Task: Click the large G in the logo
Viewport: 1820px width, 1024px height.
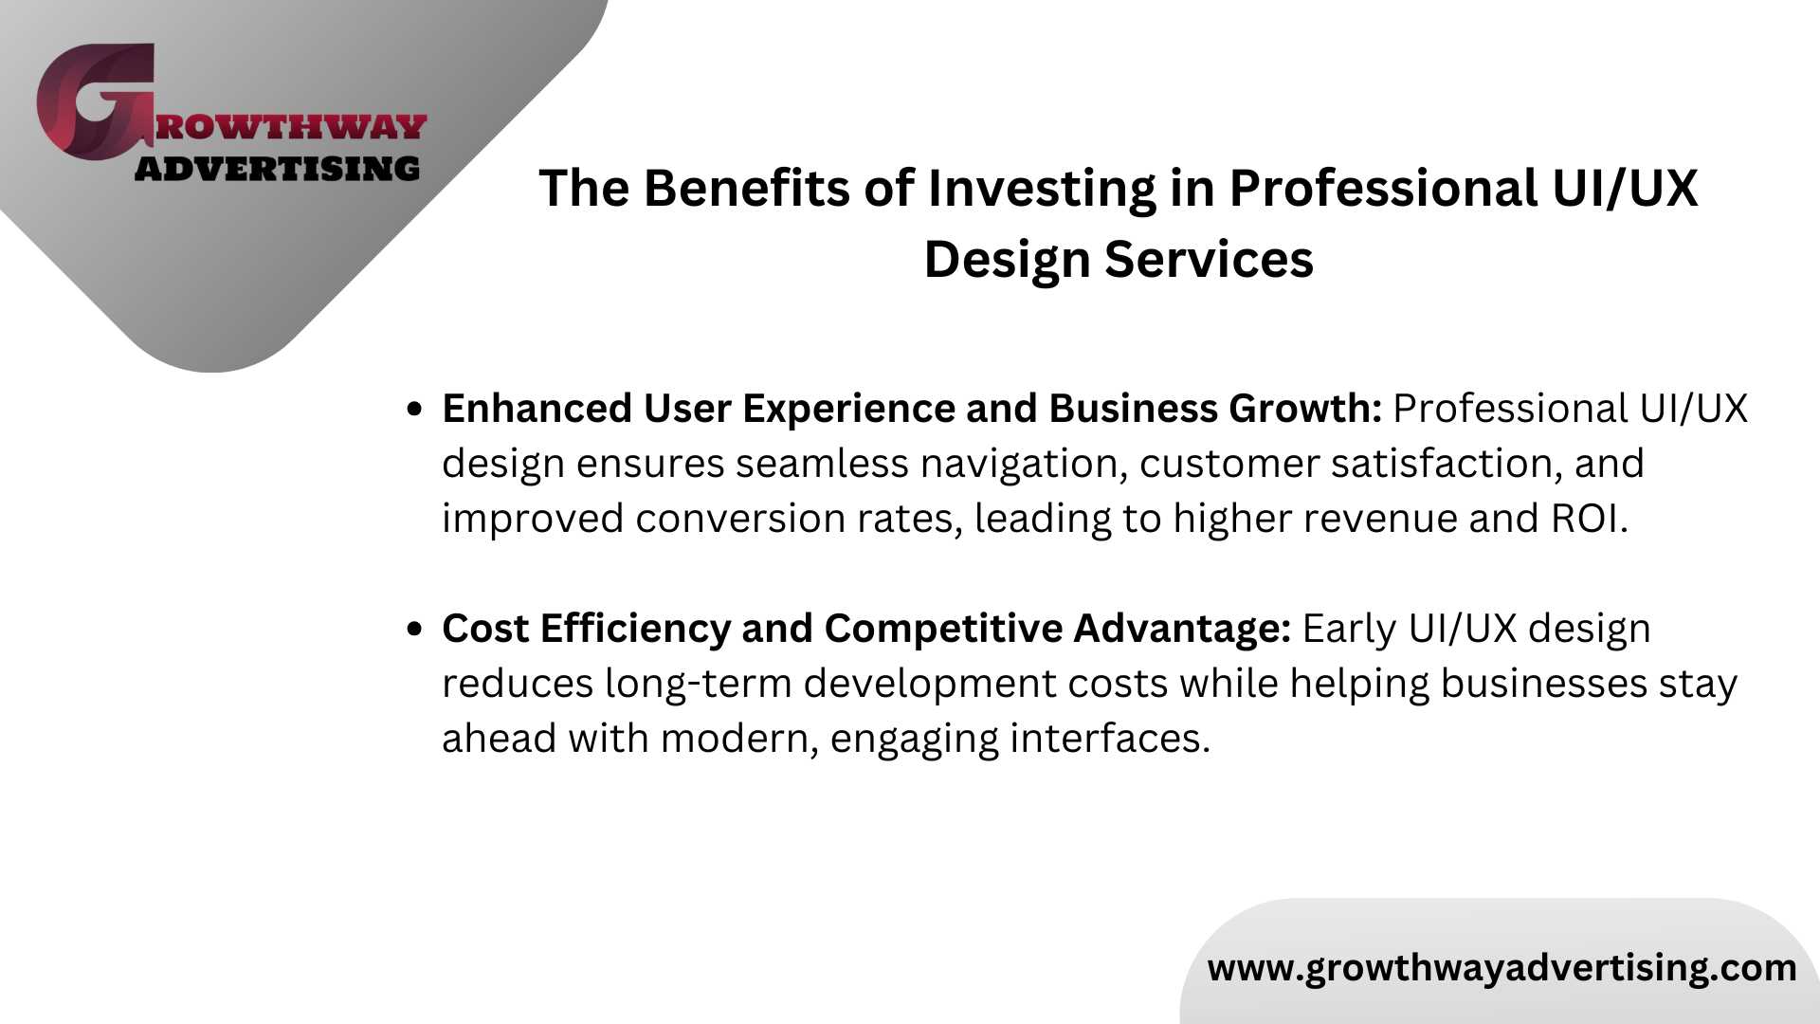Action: pyautogui.click(x=95, y=101)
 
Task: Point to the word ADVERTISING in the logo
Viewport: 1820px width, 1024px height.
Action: pyautogui.click(x=277, y=169)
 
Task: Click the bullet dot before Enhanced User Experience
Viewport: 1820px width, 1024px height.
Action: pyautogui.click(x=413, y=409)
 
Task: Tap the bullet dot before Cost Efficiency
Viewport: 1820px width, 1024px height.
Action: pyautogui.click(x=413, y=629)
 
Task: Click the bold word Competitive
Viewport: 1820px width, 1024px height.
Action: pyautogui.click(x=943, y=629)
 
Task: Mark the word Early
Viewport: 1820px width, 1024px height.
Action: pyautogui.click(x=1350, y=629)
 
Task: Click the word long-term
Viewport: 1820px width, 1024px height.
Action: pyautogui.click(x=699, y=684)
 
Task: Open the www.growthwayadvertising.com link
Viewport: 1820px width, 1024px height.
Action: pyautogui.click(x=1502, y=968)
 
